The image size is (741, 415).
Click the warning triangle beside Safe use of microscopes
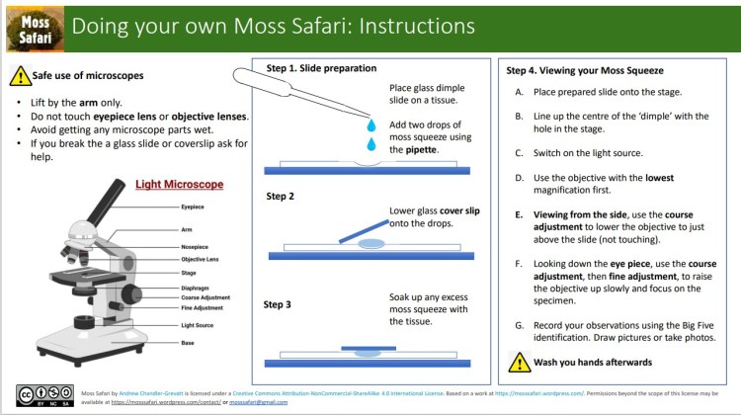pyautogui.click(x=21, y=76)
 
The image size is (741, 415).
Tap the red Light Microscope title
pyautogui.click(x=179, y=185)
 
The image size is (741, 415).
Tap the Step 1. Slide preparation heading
pyautogui.click(x=321, y=68)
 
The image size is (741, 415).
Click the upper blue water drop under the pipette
pyautogui.click(x=371, y=126)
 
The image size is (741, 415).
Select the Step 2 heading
pyautogui.click(x=281, y=197)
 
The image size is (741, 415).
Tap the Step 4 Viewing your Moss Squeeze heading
pyautogui.click(x=585, y=71)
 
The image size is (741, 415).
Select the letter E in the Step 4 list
pyautogui.click(x=520, y=213)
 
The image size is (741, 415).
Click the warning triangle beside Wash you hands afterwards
pyautogui.click(x=519, y=361)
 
